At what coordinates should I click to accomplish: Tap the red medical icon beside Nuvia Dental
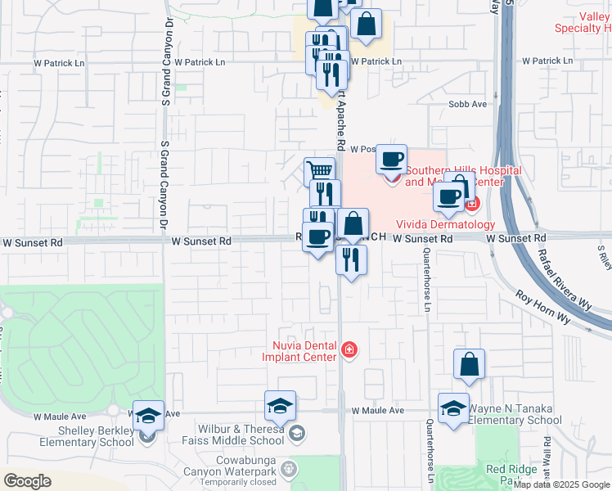349,350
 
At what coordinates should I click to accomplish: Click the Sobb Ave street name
467,105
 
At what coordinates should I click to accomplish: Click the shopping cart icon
319,171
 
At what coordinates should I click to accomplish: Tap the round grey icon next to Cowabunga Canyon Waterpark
288,469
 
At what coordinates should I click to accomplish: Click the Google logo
27,481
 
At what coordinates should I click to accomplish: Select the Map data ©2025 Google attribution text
561,484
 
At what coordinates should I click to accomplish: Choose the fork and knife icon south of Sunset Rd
351,259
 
